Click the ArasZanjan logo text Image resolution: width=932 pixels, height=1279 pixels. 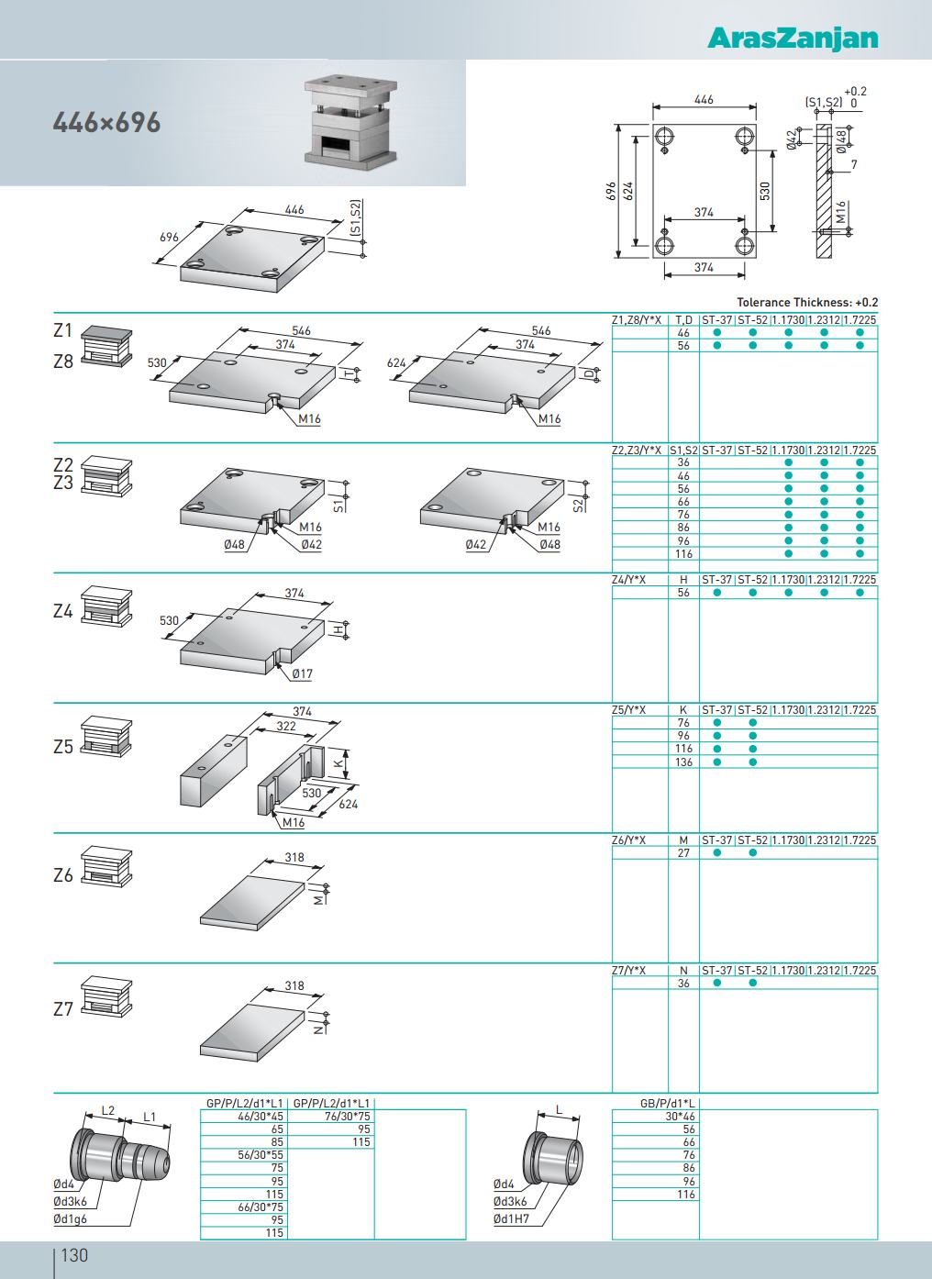coord(793,38)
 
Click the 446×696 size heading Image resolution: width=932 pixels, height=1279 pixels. coord(107,122)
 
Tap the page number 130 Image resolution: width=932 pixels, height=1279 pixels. coord(73,1254)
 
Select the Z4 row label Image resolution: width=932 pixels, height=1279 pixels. coord(62,610)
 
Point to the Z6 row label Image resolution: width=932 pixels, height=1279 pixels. coord(62,875)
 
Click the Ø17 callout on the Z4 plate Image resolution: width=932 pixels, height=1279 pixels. coord(302,674)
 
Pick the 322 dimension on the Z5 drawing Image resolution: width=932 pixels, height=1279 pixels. coord(286,726)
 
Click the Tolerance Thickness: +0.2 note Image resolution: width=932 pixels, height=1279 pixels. coord(807,302)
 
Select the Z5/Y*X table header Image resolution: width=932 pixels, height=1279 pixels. coord(629,710)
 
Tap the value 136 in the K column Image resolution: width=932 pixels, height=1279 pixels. coord(683,762)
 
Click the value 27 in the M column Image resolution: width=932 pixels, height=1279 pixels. coord(683,853)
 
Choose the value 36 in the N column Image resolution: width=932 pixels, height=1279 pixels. coord(683,984)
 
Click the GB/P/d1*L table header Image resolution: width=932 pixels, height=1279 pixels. coord(668,1103)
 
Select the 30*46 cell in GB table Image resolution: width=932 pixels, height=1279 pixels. coord(682,1117)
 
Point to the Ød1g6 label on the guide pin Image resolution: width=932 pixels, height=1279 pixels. coord(70,1219)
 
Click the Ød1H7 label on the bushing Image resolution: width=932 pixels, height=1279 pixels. coord(511,1219)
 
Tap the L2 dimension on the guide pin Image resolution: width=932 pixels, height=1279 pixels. coord(107,1110)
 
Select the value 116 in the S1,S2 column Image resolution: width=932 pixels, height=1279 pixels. coord(683,554)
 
